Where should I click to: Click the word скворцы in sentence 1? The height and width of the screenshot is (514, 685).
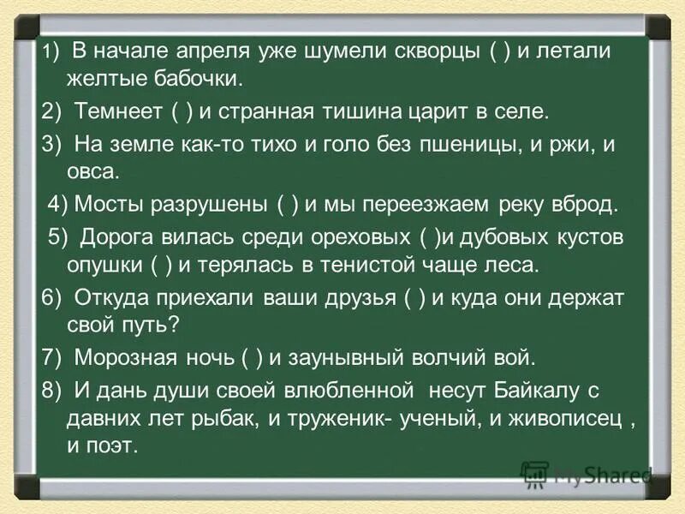438,52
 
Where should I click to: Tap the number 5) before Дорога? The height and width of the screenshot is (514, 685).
57,236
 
